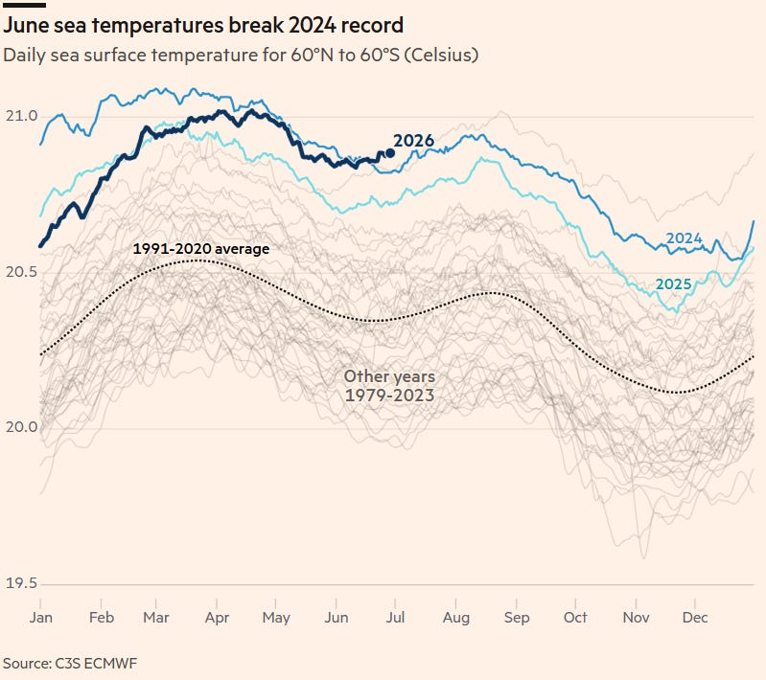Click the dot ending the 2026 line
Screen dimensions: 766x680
(x=390, y=153)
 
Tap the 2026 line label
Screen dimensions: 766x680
(x=413, y=141)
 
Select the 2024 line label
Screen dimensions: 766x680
(x=684, y=238)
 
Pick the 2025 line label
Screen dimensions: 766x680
(x=673, y=284)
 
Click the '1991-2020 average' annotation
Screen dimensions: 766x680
(x=200, y=249)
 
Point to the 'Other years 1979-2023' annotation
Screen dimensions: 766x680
(x=389, y=386)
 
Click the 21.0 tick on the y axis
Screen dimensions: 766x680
(x=21, y=116)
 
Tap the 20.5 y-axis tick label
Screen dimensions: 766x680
(x=21, y=272)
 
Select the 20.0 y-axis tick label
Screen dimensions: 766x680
(x=21, y=427)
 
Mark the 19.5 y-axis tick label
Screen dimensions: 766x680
(x=21, y=583)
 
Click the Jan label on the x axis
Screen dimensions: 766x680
(x=40, y=618)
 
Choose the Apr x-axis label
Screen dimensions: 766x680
(x=217, y=618)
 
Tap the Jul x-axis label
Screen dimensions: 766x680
(x=395, y=618)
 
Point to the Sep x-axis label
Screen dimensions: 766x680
(x=517, y=618)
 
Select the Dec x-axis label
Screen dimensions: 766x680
(x=695, y=618)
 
